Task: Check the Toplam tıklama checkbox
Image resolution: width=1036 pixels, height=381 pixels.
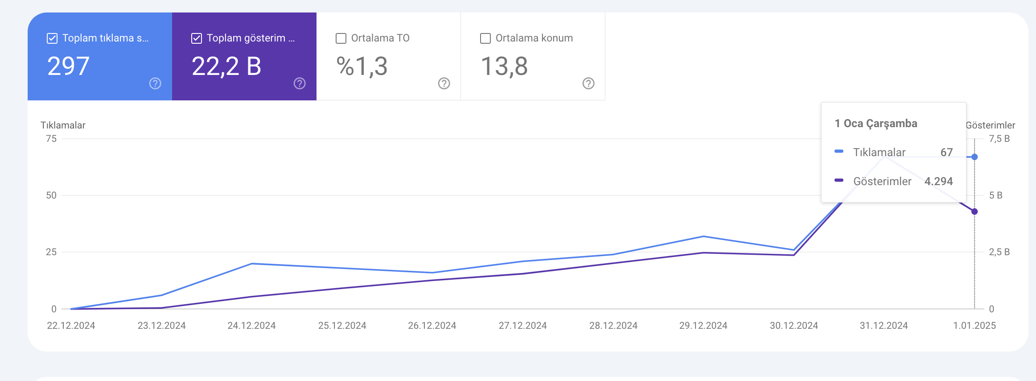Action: [x=52, y=38]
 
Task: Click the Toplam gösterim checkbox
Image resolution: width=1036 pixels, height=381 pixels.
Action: [x=197, y=38]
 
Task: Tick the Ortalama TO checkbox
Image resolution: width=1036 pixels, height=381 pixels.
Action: [x=341, y=38]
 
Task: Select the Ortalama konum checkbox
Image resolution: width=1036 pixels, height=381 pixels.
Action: [x=485, y=38]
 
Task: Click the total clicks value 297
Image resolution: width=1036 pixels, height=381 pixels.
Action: [x=69, y=66]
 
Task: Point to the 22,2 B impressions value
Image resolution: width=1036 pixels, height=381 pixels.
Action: [x=226, y=66]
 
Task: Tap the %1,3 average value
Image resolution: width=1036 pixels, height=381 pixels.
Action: [x=362, y=66]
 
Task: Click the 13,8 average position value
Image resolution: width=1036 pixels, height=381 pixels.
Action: [x=504, y=66]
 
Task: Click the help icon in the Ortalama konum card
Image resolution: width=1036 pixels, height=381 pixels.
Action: [x=588, y=83]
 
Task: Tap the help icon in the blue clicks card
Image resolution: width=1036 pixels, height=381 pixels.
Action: [x=155, y=83]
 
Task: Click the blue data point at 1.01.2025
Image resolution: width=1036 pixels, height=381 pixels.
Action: [x=974, y=157]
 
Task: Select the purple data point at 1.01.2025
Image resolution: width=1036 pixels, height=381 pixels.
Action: [x=974, y=211]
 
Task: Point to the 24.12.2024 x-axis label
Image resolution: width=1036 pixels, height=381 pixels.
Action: [x=251, y=326]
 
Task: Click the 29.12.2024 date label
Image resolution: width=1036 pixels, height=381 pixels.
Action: [x=703, y=326]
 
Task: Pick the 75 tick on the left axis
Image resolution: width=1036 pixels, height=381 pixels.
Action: [x=51, y=139]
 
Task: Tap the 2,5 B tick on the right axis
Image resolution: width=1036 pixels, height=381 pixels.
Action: [x=999, y=252]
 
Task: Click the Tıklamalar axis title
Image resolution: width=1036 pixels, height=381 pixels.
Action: [x=63, y=125]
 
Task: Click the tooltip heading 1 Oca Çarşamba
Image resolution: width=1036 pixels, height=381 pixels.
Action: [x=876, y=124]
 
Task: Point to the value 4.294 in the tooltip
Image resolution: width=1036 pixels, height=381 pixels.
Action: [x=939, y=181]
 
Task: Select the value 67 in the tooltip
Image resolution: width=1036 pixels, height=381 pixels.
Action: [x=947, y=153]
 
